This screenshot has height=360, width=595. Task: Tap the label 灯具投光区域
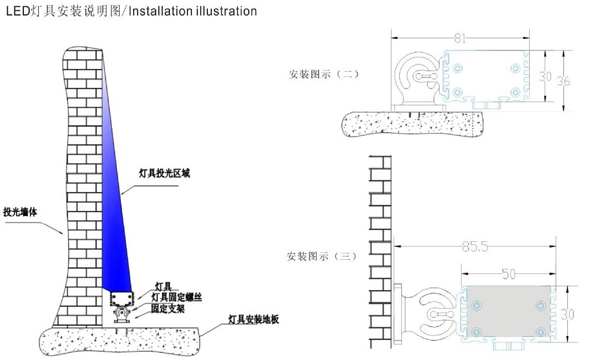pos(165,173)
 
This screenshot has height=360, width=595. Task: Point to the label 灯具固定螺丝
pos(176,297)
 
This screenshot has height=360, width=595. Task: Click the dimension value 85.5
pos(475,247)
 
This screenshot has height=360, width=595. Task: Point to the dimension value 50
pos(508,274)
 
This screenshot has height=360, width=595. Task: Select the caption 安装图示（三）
pos(321,256)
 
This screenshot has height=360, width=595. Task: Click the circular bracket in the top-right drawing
pos(419,76)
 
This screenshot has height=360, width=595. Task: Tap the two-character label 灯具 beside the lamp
pos(163,286)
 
